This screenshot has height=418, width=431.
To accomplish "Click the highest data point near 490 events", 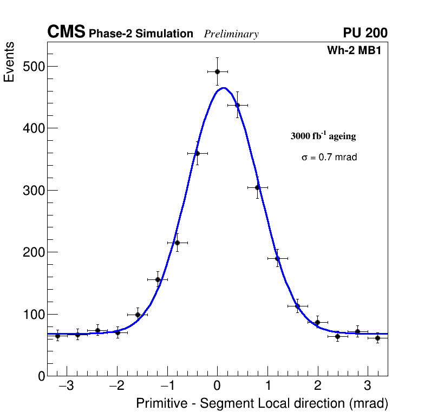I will [217, 71].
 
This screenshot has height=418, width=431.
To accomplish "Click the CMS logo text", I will [66, 32].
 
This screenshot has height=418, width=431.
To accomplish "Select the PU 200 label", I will [365, 33].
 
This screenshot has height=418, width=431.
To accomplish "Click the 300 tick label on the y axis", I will [34, 191].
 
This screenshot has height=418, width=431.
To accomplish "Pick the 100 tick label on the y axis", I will [34, 315].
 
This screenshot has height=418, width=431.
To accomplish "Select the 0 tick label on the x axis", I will [217, 387].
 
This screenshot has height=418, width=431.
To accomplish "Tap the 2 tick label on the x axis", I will [317, 387].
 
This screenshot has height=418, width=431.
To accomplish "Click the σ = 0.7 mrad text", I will [329, 158].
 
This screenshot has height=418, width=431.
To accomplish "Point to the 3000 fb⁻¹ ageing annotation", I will [323, 136].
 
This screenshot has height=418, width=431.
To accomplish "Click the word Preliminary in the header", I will [231, 34].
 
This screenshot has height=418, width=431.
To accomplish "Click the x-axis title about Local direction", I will [262, 404].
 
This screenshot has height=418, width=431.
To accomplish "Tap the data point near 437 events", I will [237, 105].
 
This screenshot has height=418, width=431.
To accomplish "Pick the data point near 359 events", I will [197, 153].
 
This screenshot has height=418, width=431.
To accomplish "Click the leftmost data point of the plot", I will [57, 336].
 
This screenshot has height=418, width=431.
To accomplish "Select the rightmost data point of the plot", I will [377, 338].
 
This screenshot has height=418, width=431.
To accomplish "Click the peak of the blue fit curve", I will [223, 88].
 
